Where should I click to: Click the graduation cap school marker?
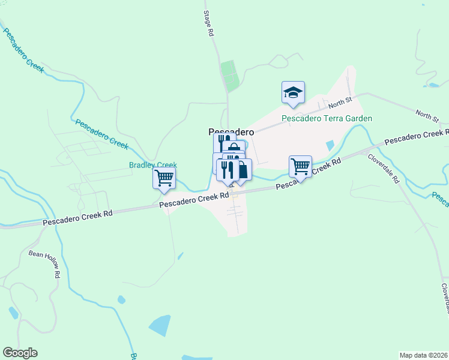pyautogui.click(x=293, y=92)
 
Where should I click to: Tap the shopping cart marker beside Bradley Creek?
pyautogui.click(x=164, y=178)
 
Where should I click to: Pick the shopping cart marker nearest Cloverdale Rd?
pyautogui.click(x=300, y=166)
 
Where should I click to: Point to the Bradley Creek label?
pyautogui.click(x=152, y=164)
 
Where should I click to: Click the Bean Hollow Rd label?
pyautogui.click(x=45, y=263)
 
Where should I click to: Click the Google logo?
pyautogui.click(x=20, y=353)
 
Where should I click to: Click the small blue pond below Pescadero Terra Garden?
pyautogui.click(x=330, y=145)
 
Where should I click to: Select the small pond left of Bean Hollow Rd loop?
pyautogui.click(x=13, y=313)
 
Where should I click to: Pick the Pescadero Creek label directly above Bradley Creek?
pyautogui.click(x=102, y=134)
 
